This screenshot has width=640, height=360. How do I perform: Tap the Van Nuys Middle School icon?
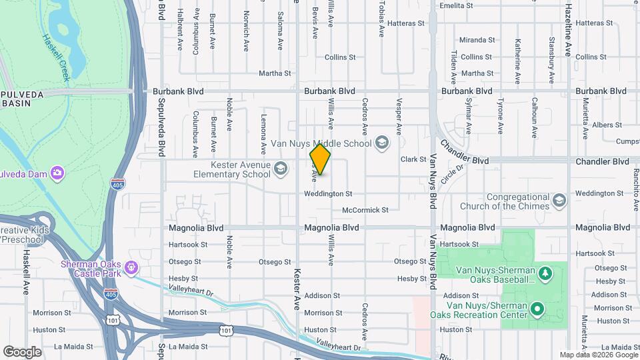point(381,142)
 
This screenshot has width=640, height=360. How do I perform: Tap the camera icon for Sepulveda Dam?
point(57,173)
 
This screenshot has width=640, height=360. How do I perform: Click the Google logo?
point(22,351)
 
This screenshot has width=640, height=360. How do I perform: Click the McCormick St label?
point(365,210)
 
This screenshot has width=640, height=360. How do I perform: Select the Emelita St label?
point(456,5)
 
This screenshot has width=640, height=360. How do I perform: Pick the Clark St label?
point(413,159)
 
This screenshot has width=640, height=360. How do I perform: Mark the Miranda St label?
point(477,40)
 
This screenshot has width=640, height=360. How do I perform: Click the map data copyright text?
point(597,355)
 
